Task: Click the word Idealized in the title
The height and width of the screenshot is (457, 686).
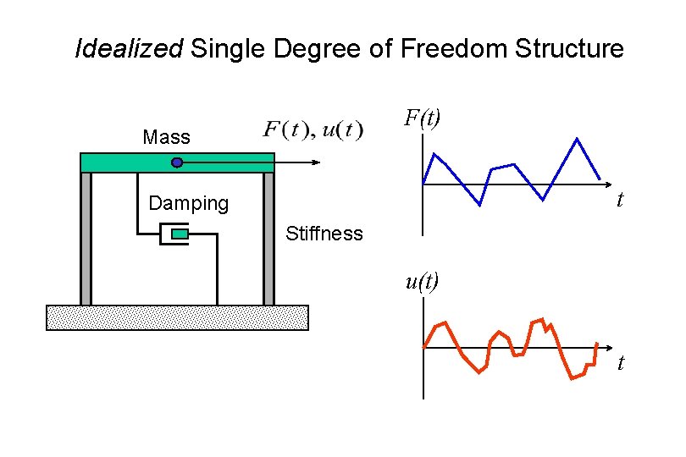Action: coord(129,49)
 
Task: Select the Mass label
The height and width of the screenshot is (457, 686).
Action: coord(167,137)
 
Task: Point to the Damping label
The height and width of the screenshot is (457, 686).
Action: coord(188,203)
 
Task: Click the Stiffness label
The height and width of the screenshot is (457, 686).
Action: coord(324,234)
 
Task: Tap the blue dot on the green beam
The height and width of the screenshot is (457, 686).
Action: coord(177,162)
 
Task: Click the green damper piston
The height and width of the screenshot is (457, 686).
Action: coord(180,234)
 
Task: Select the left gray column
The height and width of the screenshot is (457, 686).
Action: coord(86,238)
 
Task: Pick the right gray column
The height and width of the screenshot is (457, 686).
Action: coord(268,238)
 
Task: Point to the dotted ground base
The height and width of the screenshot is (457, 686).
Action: coord(177,317)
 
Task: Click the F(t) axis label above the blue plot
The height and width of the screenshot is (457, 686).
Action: coord(421,118)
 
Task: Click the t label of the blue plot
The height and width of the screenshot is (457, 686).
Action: coord(620,201)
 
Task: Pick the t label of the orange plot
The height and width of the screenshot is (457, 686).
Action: coord(621,363)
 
